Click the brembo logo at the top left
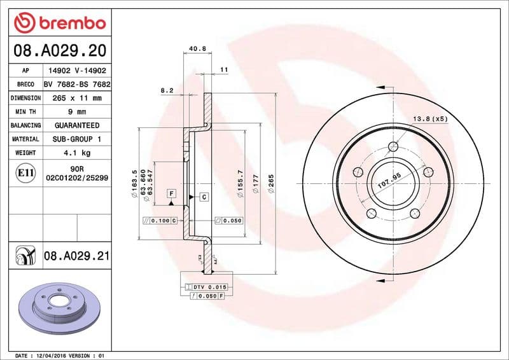tap(60, 23)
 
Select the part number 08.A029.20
tap(60, 50)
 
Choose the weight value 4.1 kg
tap(76, 153)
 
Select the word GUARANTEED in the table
tap(76, 125)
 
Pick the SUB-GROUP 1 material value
tap(76, 139)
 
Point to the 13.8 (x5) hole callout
tap(430, 119)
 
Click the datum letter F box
tap(171, 192)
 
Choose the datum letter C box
tap(204, 197)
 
